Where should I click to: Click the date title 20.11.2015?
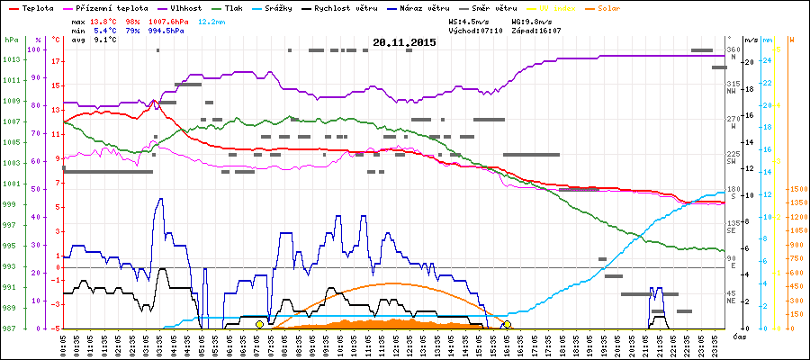[x=404, y=42]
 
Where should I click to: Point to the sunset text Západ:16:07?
[x=536, y=30]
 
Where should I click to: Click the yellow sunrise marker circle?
[x=259, y=324]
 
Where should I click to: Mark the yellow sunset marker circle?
[x=508, y=324]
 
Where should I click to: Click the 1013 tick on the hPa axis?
[x=11, y=59]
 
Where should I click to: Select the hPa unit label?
[x=11, y=40]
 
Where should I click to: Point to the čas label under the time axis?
[x=738, y=337]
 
